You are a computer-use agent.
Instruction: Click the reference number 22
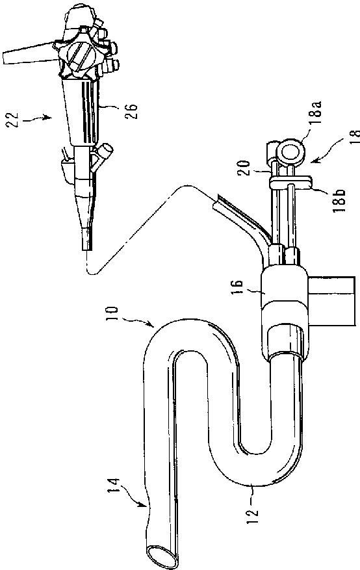coord(12,120)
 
